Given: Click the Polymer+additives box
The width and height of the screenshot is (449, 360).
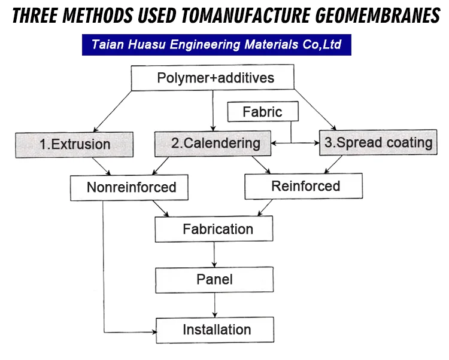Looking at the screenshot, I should (212, 78).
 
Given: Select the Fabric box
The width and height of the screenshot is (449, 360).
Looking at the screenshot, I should (262, 112).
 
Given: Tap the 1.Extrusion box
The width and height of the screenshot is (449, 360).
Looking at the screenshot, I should (74, 144).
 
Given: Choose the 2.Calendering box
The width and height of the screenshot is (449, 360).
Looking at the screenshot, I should (216, 144).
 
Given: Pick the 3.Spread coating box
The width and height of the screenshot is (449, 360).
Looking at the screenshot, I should (378, 143).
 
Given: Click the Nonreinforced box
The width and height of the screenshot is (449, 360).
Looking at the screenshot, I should (131, 187).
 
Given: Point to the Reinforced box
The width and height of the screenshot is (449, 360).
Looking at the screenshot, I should (305, 186).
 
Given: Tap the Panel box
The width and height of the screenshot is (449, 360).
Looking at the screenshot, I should (214, 279).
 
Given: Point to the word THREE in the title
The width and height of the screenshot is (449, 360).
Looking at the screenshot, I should (35, 16).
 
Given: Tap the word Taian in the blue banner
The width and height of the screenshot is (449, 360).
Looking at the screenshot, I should (108, 45).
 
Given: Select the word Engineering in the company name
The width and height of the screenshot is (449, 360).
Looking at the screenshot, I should (201, 45).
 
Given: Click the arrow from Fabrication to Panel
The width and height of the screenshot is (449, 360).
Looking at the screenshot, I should (214, 254).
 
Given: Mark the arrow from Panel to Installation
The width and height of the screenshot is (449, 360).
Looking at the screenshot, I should (214, 304).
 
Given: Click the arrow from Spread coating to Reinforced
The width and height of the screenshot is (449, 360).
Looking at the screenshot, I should (333, 164).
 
